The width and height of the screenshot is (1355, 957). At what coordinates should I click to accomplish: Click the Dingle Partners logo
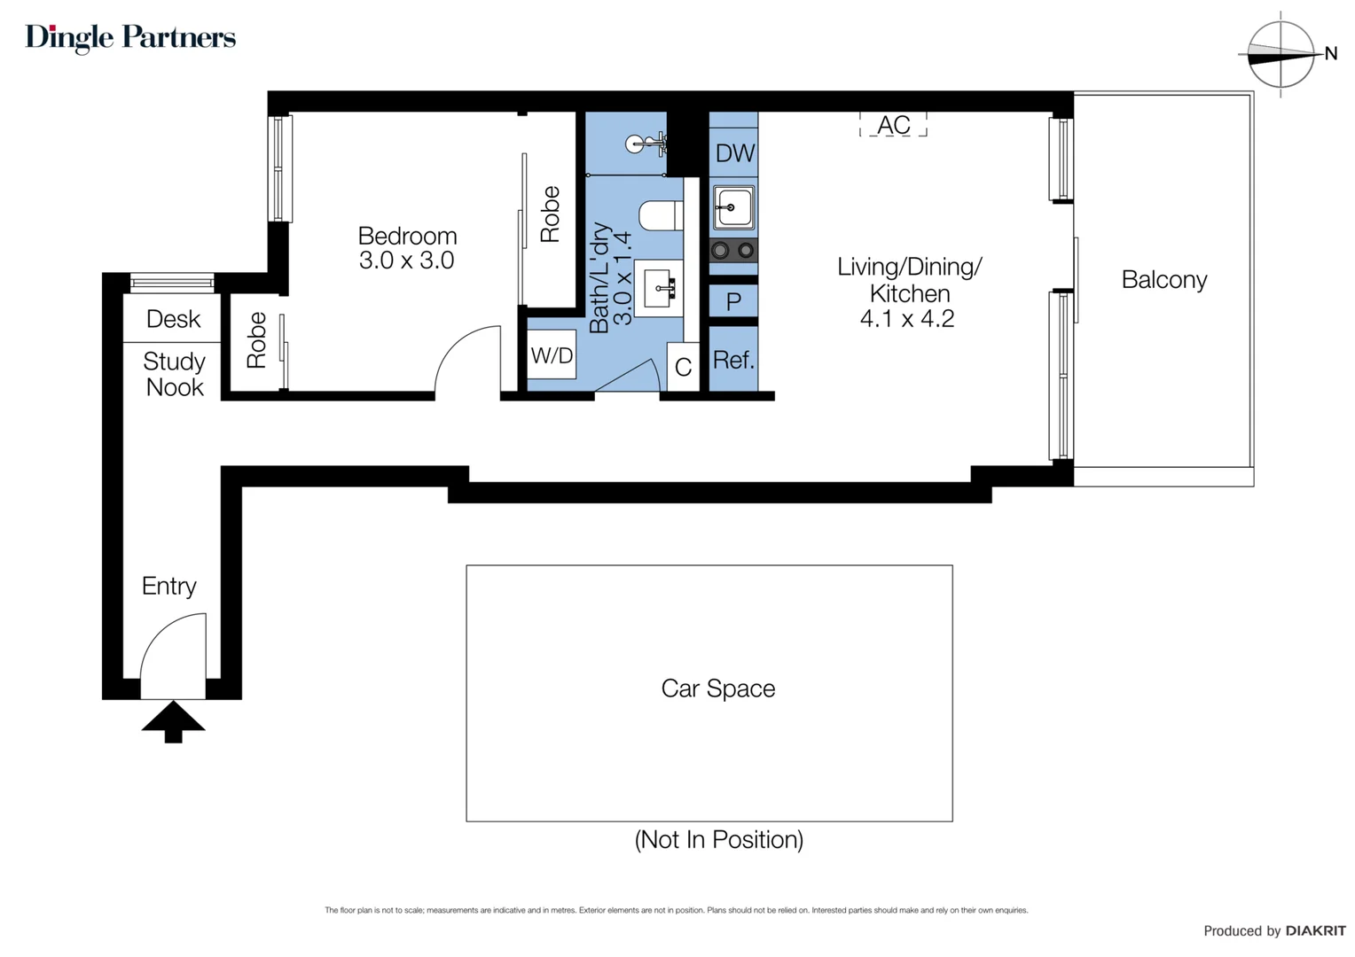click(130, 37)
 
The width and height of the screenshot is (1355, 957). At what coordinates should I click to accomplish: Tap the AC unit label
click(893, 125)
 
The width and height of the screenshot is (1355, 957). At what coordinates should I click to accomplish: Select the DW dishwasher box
click(734, 153)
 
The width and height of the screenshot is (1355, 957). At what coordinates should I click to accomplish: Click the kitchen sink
click(734, 208)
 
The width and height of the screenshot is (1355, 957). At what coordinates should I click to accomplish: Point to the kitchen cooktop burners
click(733, 251)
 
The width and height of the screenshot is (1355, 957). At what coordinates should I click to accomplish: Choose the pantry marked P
click(733, 301)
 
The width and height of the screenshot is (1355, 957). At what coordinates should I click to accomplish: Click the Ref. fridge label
click(733, 360)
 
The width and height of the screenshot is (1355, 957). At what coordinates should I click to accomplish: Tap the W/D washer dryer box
click(552, 355)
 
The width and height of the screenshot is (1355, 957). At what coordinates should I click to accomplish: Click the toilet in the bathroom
click(660, 215)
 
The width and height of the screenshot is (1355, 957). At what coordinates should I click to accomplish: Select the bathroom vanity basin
click(658, 288)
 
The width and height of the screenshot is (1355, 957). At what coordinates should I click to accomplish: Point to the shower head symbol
click(638, 144)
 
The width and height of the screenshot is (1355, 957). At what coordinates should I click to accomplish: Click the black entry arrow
click(173, 720)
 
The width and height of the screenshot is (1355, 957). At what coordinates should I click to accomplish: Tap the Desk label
click(173, 319)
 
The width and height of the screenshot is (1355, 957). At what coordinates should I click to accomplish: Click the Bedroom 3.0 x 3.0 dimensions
click(406, 261)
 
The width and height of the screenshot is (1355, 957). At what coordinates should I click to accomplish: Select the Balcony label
click(1163, 280)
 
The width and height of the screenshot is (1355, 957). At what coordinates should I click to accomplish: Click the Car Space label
click(717, 689)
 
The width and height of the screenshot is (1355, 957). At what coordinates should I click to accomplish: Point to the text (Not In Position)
click(718, 839)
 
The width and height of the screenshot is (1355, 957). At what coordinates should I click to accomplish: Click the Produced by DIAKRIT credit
click(1273, 930)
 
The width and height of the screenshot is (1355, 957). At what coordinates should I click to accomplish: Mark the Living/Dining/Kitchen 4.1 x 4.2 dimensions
click(907, 319)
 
